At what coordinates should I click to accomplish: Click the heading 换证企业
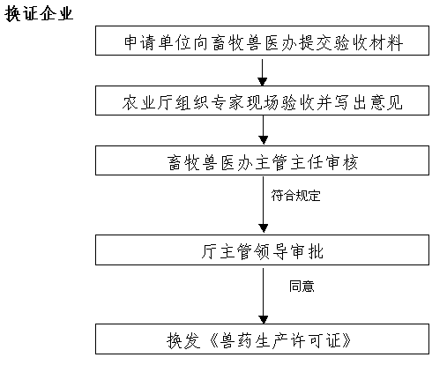39,13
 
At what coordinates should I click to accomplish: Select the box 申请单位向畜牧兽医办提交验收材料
262,41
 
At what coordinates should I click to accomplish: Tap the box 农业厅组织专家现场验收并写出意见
262,101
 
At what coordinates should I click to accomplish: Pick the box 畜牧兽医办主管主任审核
262,160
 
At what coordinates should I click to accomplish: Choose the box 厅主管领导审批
262,250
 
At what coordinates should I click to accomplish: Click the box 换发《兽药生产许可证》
262,339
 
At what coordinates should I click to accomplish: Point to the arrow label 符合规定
295,196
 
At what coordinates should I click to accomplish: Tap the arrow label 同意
302,286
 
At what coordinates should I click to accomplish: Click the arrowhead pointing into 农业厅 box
263,81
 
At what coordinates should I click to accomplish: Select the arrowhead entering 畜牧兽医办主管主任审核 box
264,140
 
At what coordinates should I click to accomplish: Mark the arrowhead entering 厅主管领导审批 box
264,228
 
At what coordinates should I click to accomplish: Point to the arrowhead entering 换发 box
264,319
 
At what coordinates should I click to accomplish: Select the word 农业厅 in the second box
147,102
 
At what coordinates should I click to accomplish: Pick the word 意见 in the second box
386,102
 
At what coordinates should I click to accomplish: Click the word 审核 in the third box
342,162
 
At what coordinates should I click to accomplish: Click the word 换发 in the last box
183,341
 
